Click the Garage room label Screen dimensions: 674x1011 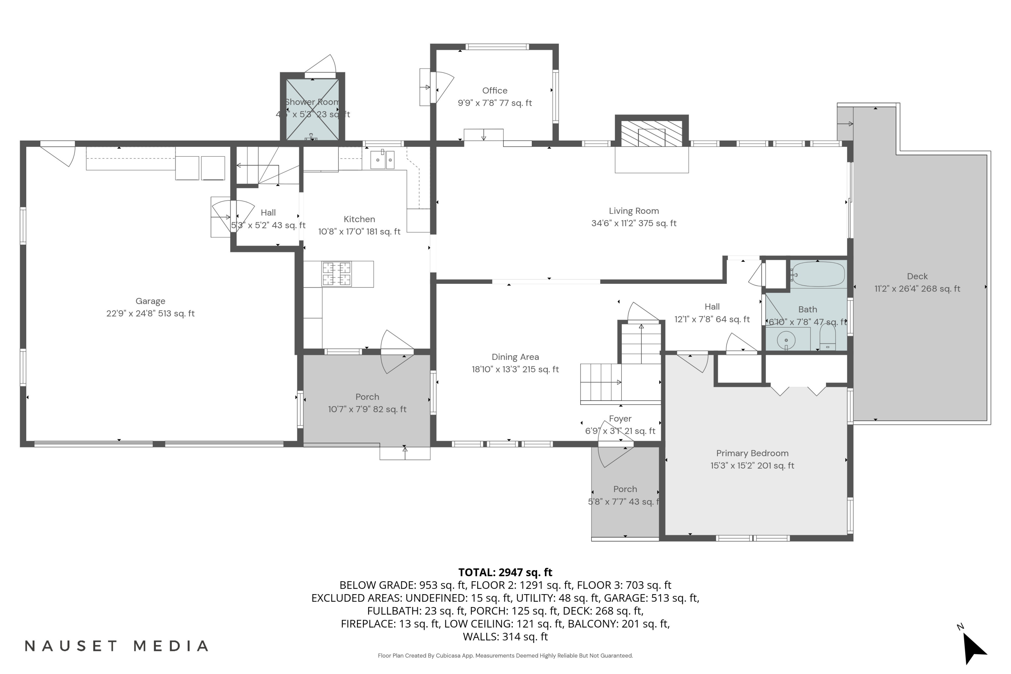pyautogui.click(x=150, y=301)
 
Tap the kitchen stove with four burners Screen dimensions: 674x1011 pyautogui.click(x=337, y=274)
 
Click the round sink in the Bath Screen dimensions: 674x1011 pyautogui.click(x=786, y=340)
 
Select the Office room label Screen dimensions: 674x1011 pyautogui.click(x=495, y=91)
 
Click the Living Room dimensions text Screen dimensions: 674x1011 pyautogui.click(x=634, y=223)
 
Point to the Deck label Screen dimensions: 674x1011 pyautogui.click(x=917, y=276)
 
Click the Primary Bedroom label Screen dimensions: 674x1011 pyautogui.click(x=752, y=453)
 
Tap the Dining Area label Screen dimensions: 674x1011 pyautogui.click(x=515, y=357)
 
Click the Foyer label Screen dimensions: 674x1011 pyautogui.click(x=620, y=419)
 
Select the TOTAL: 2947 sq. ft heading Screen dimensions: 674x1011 pyautogui.click(x=505, y=572)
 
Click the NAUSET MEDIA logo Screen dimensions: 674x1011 pyautogui.click(x=117, y=646)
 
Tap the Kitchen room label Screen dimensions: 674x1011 pyautogui.click(x=359, y=219)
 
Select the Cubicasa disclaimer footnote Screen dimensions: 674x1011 pyautogui.click(x=505, y=655)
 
